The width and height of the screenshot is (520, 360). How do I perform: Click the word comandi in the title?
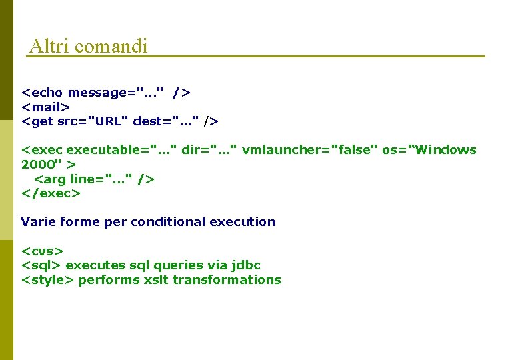111,46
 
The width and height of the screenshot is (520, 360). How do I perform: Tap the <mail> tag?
45,107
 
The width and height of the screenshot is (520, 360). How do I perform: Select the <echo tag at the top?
43,92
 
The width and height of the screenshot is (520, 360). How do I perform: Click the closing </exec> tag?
51,193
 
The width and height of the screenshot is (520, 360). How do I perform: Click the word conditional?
168,222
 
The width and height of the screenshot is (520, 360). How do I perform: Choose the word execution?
242,222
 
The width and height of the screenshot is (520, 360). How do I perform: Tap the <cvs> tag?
42,251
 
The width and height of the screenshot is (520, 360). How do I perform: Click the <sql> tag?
41,266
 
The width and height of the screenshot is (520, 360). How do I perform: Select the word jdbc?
245,266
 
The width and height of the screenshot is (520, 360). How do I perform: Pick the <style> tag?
47,280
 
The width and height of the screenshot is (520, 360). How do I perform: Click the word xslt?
156,280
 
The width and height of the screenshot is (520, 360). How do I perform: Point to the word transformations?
227,280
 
